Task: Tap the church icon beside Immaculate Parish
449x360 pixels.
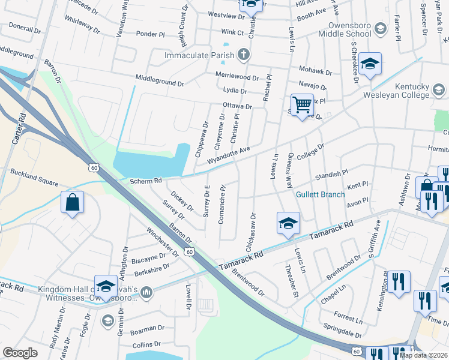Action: coord(243,55)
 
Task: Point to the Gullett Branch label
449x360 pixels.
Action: coord(320,194)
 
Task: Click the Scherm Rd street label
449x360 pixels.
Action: coord(146,180)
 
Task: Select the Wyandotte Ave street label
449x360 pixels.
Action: coord(228,155)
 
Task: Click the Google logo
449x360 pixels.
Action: coord(20,353)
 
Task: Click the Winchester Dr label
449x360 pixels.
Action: coord(163,241)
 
